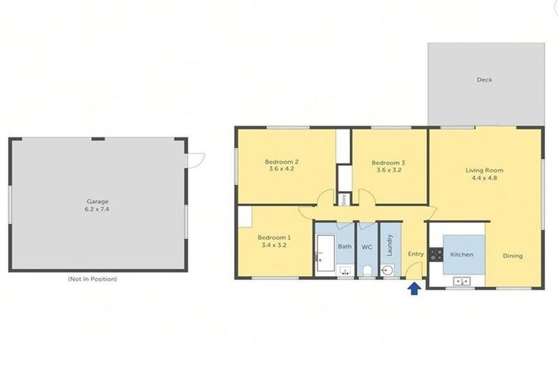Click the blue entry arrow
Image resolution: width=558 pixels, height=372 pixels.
(414, 289)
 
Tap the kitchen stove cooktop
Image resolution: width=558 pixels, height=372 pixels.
(436, 255)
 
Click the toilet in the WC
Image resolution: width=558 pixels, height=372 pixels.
(367, 271)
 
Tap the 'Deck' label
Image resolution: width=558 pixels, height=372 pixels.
(484, 80)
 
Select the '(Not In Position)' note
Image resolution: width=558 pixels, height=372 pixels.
(92, 279)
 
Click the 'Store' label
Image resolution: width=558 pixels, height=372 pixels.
(344, 198)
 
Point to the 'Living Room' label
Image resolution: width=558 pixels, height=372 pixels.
(484, 171)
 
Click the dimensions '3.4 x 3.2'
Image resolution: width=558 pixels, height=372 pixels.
(274, 246)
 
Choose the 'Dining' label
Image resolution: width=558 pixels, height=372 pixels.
(512, 256)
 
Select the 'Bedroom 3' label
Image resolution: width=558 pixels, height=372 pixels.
(388, 163)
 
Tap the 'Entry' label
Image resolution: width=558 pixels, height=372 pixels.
(416, 254)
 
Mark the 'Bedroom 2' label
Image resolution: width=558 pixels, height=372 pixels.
(282, 161)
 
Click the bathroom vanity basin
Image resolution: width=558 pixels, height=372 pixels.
(346, 271)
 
